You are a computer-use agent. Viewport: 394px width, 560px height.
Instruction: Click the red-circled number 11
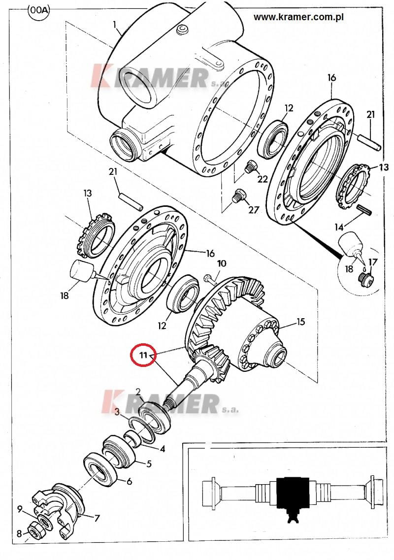click(x=143, y=355)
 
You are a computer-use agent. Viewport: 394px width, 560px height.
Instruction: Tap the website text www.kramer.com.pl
click(x=298, y=17)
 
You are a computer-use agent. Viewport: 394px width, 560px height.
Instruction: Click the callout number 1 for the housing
click(x=115, y=25)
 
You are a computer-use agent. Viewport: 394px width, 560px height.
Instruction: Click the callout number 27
click(x=253, y=210)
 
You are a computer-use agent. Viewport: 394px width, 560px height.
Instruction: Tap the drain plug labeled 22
click(x=249, y=166)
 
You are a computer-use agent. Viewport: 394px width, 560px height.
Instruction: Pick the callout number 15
click(x=301, y=322)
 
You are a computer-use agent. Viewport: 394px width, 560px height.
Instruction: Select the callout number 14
click(x=339, y=227)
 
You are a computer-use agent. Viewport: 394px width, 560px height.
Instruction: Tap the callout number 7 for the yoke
click(x=97, y=518)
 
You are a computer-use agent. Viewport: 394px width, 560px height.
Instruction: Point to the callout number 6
click(x=129, y=481)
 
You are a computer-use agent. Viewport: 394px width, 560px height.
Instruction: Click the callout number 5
click(x=149, y=464)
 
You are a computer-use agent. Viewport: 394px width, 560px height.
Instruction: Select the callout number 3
click(x=117, y=413)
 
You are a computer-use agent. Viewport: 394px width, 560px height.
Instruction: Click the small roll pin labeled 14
click(x=364, y=209)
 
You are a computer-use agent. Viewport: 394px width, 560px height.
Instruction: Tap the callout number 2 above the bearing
click(x=138, y=392)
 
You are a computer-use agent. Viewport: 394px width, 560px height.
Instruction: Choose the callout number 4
click(x=162, y=449)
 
